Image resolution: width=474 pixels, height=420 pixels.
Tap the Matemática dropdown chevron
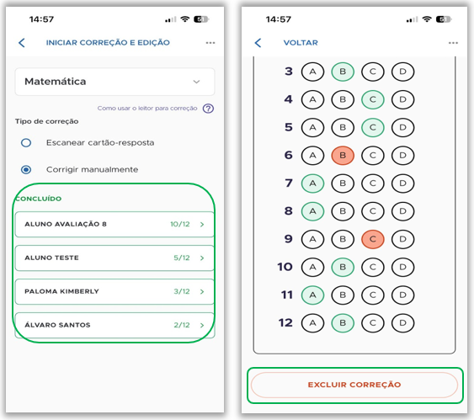(x=196, y=82)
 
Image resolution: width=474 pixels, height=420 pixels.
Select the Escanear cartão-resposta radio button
(x=26, y=142)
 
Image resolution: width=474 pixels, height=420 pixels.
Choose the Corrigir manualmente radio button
(x=26, y=169)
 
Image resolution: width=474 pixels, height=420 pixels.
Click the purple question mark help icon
(x=208, y=109)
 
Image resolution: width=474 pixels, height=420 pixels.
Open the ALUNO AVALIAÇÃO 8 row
(x=115, y=224)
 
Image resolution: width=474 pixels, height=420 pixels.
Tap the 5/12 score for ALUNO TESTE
(x=182, y=258)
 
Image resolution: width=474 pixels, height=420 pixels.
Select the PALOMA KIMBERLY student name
(x=61, y=291)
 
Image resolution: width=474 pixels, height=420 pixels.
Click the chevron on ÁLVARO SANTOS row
(x=202, y=325)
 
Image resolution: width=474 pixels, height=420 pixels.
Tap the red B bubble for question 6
(x=343, y=156)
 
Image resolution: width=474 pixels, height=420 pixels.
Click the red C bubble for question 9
(x=373, y=239)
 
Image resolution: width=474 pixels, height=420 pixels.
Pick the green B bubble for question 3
(x=343, y=72)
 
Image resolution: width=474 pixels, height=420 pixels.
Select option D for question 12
(x=402, y=323)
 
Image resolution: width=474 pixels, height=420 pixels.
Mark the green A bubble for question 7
(x=312, y=183)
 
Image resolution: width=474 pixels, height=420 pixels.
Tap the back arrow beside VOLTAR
(x=258, y=43)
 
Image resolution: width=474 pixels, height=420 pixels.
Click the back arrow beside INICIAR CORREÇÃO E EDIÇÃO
(x=21, y=43)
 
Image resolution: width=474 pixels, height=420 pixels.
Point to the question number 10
(x=285, y=267)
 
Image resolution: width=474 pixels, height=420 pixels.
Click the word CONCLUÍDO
(x=39, y=199)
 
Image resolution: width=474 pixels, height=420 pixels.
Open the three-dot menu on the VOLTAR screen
(x=453, y=43)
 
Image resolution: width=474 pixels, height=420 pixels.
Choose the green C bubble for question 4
(x=373, y=99)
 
